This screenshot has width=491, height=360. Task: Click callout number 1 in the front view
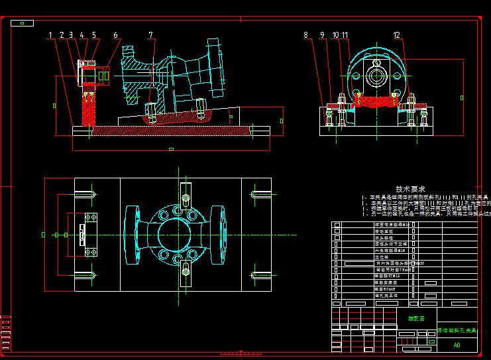pyautogui.click(x=51, y=35)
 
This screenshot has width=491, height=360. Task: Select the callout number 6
pyautogui.click(x=115, y=35)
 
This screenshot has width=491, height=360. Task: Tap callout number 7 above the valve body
pyautogui.click(x=150, y=35)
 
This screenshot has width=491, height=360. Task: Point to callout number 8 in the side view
pyautogui.click(x=306, y=35)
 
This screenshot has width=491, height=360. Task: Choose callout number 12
pyautogui.click(x=396, y=35)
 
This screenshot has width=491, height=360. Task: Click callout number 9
pyautogui.click(x=322, y=35)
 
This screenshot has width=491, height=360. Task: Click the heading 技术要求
pyautogui.click(x=410, y=189)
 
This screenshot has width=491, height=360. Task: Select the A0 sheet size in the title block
pyautogui.click(x=457, y=345)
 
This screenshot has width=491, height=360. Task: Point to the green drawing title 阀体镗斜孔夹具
pyautogui.click(x=457, y=330)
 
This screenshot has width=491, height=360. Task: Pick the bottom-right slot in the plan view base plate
pyautogui.click(x=260, y=274)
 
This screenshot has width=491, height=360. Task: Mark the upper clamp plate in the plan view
pyautogui.click(x=186, y=196)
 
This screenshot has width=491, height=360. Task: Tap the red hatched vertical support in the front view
pyautogui.click(x=87, y=109)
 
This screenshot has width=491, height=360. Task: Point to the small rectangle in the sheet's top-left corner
pyautogui.click(x=23, y=23)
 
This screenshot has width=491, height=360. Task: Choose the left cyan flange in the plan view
pyautogui.click(x=130, y=234)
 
